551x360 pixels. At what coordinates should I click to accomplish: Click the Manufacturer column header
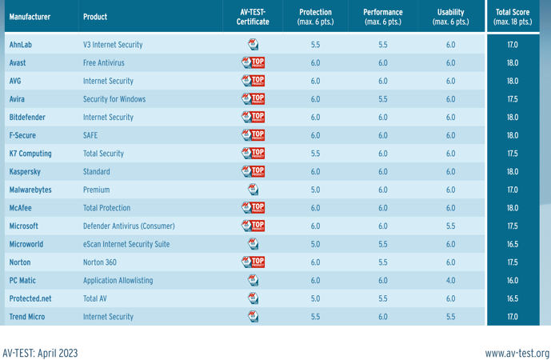pyautogui.click(x=30, y=17)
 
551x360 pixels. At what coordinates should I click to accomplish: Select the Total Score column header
pyautogui.click(x=513, y=17)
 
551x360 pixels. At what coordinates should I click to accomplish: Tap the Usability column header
pyautogui.click(x=450, y=17)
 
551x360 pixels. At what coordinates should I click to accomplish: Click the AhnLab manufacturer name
pyautogui.click(x=20, y=45)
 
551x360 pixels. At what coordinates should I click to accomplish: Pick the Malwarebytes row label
pyautogui.click(x=30, y=190)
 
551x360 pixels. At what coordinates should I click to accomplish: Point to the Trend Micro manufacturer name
pyautogui.click(x=27, y=317)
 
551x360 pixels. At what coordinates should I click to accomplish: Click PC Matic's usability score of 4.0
pyautogui.click(x=450, y=281)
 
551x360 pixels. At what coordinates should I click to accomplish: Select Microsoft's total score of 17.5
pyautogui.click(x=513, y=226)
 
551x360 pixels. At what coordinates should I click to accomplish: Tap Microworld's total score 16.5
pyautogui.click(x=513, y=245)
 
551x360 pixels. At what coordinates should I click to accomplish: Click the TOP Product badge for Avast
pyautogui.click(x=253, y=63)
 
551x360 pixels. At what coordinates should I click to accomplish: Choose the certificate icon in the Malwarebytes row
pyautogui.click(x=253, y=190)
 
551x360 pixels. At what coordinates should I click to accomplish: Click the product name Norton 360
pyautogui.click(x=100, y=262)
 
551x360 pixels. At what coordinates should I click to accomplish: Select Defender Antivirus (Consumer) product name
pyautogui.click(x=129, y=226)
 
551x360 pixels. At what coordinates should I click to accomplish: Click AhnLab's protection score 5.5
pyautogui.click(x=315, y=45)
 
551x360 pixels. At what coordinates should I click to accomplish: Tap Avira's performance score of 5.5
pyautogui.click(x=382, y=99)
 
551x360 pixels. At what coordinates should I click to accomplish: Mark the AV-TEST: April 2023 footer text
pyautogui.click(x=40, y=353)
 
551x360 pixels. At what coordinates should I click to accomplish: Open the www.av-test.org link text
pyautogui.click(x=517, y=353)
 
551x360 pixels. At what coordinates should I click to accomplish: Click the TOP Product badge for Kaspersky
pyautogui.click(x=253, y=172)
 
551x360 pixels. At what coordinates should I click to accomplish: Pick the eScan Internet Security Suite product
pyautogui.click(x=126, y=245)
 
